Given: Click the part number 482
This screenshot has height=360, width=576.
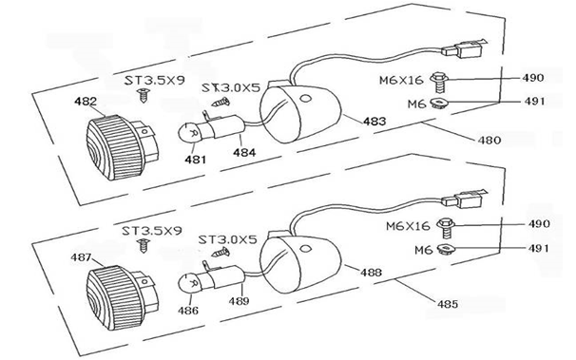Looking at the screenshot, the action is [x=86, y=101].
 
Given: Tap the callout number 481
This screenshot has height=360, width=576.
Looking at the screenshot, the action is [x=196, y=160].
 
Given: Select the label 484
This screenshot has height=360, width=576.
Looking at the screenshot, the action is [x=244, y=152].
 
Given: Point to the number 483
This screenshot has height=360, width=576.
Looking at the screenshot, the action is [x=374, y=121].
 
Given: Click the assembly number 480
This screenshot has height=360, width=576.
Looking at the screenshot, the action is [x=490, y=140].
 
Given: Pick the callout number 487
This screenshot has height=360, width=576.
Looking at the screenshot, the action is [x=81, y=257].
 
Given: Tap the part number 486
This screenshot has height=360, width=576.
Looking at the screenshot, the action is [x=188, y=311].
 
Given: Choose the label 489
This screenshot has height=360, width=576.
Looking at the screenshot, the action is [x=239, y=301].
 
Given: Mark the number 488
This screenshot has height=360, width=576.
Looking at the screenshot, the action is [x=371, y=273].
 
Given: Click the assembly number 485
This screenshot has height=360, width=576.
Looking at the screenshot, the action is [x=448, y=304].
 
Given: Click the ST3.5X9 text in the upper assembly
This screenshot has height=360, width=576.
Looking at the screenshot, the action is [x=155, y=80].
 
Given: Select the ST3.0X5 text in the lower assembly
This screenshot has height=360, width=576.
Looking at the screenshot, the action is [x=228, y=239].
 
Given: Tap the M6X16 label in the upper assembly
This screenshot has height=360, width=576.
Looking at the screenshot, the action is [x=401, y=80].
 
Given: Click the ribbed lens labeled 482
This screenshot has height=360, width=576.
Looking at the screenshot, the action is [x=115, y=147].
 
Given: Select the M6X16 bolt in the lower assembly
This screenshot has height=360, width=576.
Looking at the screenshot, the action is [x=446, y=227].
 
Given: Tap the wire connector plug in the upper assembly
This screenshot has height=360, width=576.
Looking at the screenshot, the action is [x=465, y=49].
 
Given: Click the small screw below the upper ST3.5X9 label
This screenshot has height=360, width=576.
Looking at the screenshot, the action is [x=144, y=95].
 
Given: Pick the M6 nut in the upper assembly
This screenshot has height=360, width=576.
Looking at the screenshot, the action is [x=437, y=104].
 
